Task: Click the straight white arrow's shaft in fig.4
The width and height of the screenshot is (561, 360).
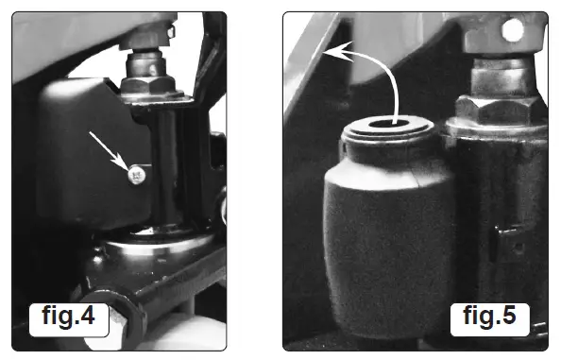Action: (x=108, y=150)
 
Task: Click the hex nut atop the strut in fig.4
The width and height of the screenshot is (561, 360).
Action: (x=145, y=85)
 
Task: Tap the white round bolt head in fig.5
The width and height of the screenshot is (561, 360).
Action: (x=514, y=31)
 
